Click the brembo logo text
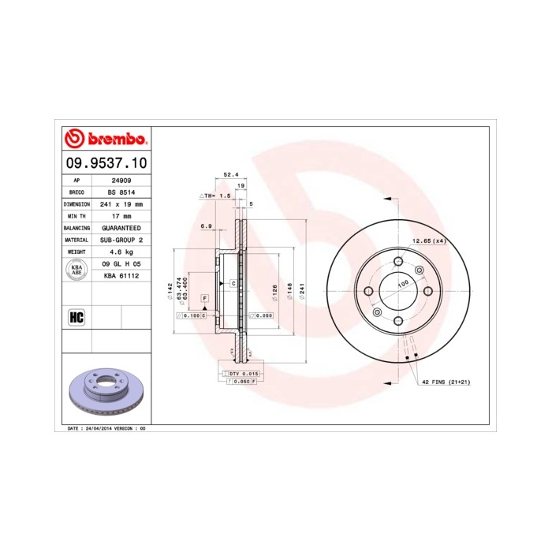point(111,140)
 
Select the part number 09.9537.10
point(104,163)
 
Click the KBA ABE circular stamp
point(76,270)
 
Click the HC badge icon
point(76,318)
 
